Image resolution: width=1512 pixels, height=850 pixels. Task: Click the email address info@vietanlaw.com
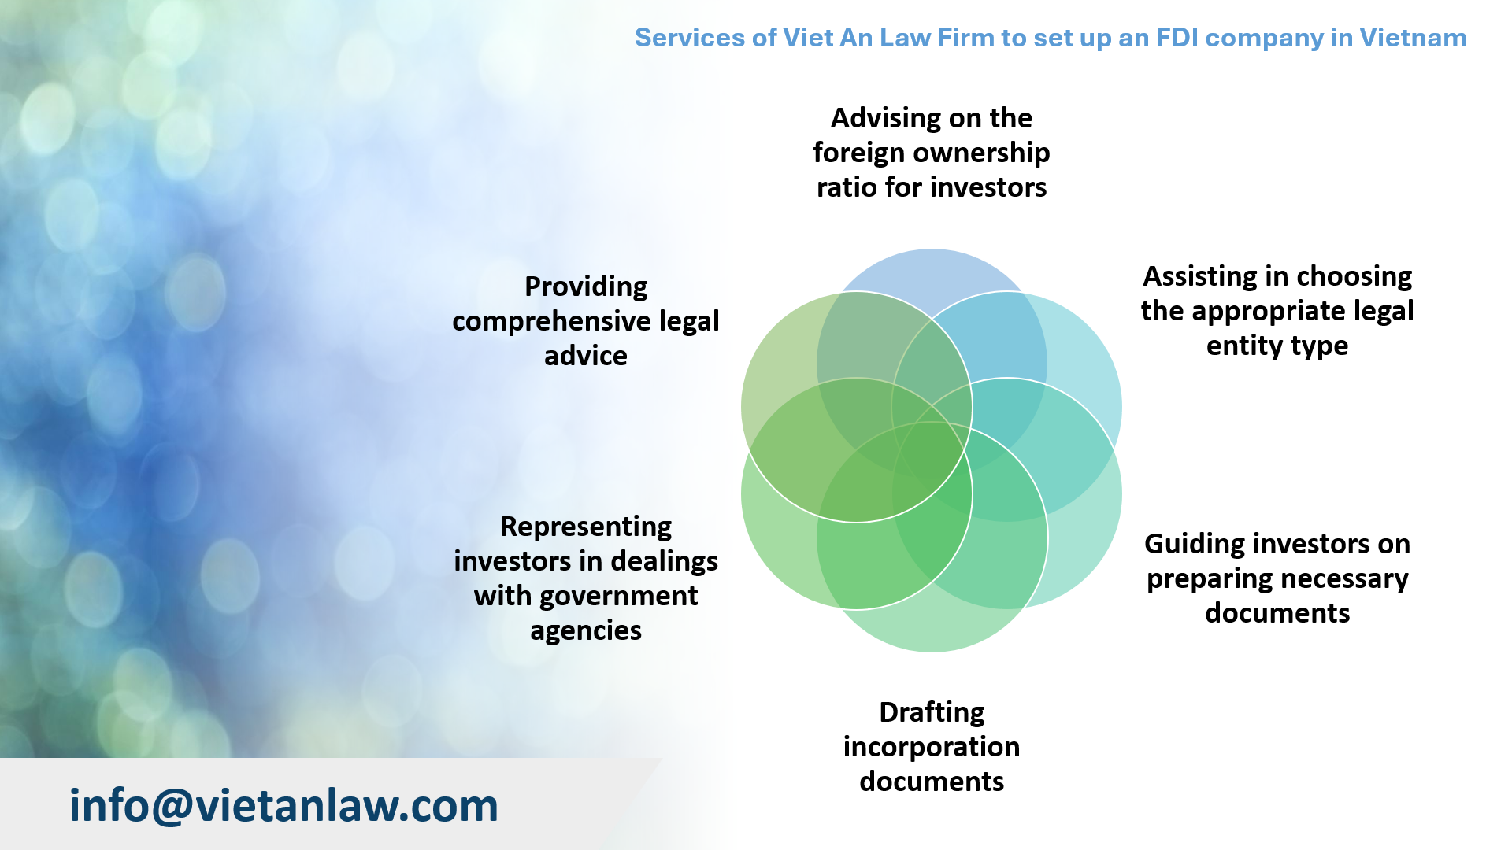pos(283,806)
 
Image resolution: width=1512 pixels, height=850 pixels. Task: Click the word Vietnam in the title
pos(1413,38)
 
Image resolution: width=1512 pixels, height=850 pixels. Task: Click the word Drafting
pos(932,712)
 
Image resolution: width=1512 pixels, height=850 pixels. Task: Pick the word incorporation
pos(932,747)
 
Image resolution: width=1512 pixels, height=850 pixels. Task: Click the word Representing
pos(586,527)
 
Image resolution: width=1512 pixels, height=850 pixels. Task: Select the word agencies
pos(586,630)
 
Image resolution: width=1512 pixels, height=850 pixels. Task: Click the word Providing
pos(586,286)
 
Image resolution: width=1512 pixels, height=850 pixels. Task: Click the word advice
pos(586,356)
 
